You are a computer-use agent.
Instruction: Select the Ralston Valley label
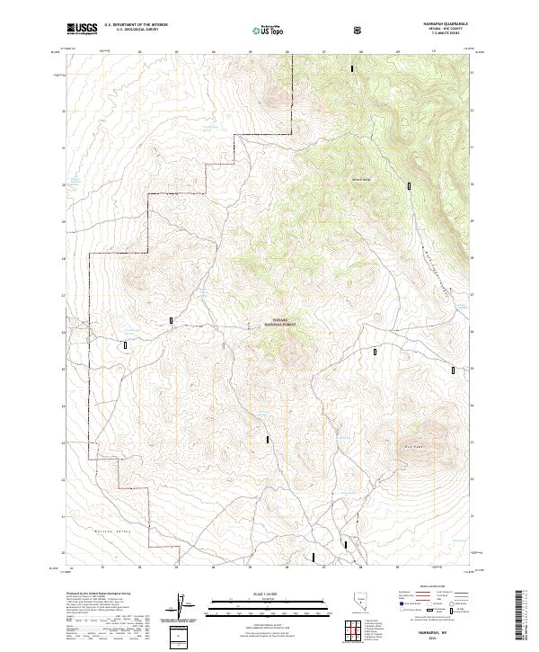(90, 533)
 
